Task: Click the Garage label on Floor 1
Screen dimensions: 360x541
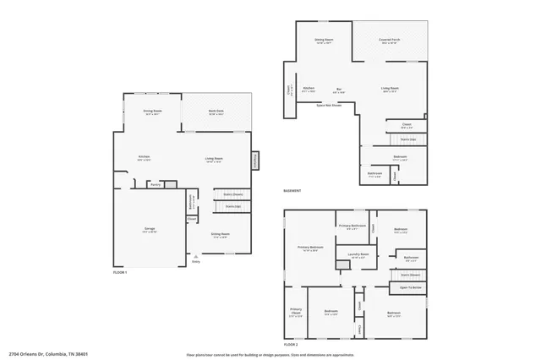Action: pos(149,229)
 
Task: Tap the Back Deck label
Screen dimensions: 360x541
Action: pos(216,112)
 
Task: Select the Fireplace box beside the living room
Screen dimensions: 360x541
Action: pos(254,159)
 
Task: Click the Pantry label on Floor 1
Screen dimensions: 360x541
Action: pos(155,184)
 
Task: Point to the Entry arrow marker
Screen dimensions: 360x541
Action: pos(195,257)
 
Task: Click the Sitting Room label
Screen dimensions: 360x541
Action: pos(221,236)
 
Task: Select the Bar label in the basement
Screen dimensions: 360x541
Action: pos(340,88)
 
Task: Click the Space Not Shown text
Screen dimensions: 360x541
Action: pos(329,106)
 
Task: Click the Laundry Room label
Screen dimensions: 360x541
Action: pos(358,254)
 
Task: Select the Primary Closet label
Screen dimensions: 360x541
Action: pos(296,313)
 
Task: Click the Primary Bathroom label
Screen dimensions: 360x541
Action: pos(352,226)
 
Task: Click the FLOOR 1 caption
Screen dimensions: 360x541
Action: pos(121,272)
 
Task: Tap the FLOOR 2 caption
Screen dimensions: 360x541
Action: pos(292,345)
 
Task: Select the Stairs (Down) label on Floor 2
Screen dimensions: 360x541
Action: pos(410,274)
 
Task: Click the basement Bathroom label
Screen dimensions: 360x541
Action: pos(374,175)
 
